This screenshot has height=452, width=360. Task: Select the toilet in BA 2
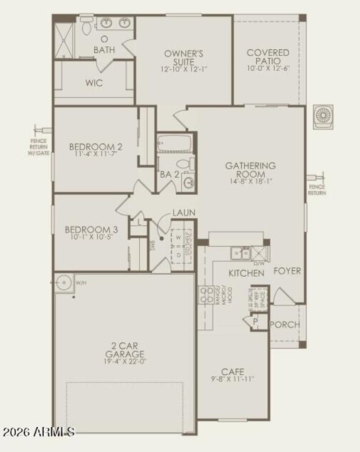click(x=186, y=164)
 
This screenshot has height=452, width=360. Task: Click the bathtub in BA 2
click(x=174, y=143)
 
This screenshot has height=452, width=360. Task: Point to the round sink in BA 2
click(x=189, y=182)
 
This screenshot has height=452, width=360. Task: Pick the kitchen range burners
click(x=206, y=295)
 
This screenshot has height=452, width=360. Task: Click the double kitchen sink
click(x=241, y=253)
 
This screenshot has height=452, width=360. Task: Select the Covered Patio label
click(x=268, y=57)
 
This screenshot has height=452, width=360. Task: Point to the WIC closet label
click(x=94, y=83)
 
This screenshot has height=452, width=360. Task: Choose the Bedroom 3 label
click(x=91, y=230)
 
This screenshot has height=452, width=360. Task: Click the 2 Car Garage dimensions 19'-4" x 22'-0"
click(x=124, y=361)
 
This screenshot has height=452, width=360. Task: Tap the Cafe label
click(x=233, y=372)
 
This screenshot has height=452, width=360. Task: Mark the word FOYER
click(x=287, y=271)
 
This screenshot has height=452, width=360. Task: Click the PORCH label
click(x=285, y=325)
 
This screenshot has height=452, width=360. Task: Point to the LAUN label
click(x=184, y=213)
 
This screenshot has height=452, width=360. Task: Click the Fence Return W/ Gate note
click(x=38, y=147)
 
